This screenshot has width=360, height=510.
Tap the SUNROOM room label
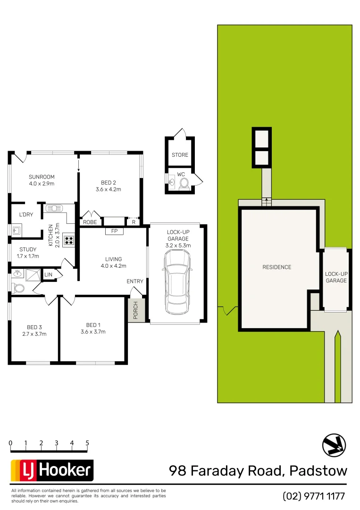point(42,180)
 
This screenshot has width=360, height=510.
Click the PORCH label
point(135,310)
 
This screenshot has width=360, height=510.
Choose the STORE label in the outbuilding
point(180,155)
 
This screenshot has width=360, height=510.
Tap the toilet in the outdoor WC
point(184,183)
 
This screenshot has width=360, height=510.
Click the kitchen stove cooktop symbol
point(69,240)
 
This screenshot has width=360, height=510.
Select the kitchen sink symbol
point(54,208)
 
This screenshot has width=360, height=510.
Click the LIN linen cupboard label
point(48,275)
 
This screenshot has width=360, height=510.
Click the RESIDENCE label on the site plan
point(276,267)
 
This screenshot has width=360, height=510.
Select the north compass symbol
point(334,446)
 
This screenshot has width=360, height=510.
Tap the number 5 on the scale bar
point(87,443)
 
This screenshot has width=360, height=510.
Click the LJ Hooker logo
point(52,470)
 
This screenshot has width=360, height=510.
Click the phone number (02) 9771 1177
point(314,496)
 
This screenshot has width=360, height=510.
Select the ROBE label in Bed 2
point(90,222)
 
